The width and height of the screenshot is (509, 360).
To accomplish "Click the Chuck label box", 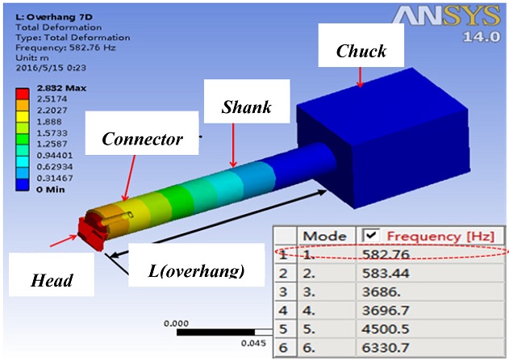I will point(361,51).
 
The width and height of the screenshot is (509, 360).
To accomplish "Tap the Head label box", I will point(49,279).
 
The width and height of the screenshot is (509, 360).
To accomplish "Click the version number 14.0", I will point(483,38).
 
